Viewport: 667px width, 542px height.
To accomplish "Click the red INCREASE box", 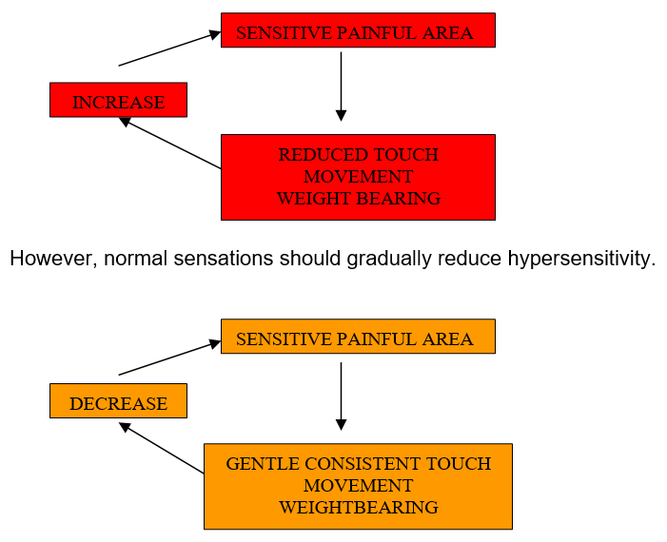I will tap(118, 100).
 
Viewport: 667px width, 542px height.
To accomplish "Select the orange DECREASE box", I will tap(118, 401).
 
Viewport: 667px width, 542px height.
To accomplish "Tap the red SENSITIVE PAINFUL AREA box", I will tap(358, 30).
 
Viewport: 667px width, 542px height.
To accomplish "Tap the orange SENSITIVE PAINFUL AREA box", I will tap(358, 337).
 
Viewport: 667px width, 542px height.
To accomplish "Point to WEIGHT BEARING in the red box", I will tap(358, 199).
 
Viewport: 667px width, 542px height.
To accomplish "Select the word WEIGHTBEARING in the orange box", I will tap(358, 508).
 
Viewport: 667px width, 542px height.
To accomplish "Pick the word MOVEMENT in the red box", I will tap(358, 177).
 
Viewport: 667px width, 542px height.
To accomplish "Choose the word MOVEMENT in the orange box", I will tap(358, 486).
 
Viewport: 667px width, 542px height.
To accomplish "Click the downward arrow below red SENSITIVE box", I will tap(341, 86).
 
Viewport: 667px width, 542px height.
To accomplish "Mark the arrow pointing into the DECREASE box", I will tap(162, 449).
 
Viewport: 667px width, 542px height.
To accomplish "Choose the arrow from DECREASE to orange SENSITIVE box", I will tap(169, 358).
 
